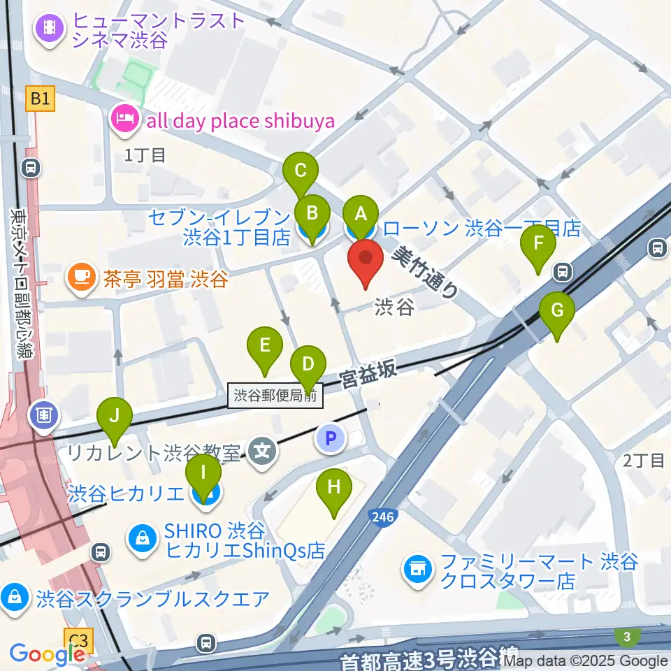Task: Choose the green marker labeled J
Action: pos(115,419)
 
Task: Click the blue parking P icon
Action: pos(331,439)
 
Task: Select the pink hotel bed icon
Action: pos(124,120)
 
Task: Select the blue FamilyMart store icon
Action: pos(417,570)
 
